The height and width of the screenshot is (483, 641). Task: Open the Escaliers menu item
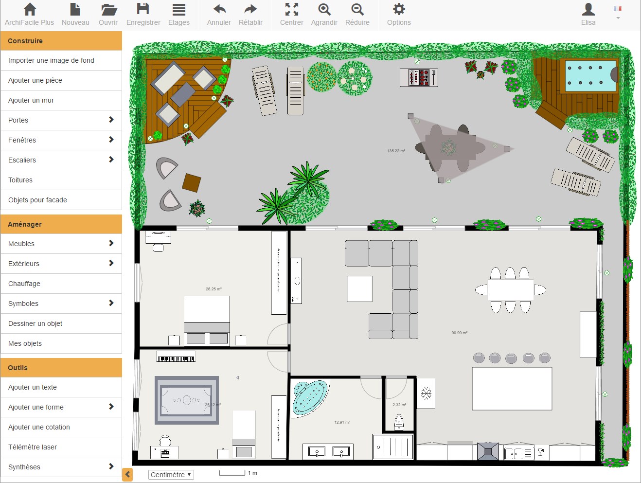pyautogui.click(x=61, y=160)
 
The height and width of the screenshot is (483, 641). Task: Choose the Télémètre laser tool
pyautogui.click(x=61, y=447)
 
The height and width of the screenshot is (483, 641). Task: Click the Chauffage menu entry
pyautogui.click(x=61, y=284)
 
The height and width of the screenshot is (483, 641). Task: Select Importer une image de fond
pyautogui.click(x=61, y=60)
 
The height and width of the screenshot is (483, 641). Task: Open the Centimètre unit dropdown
pyautogui.click(x=171, y=475)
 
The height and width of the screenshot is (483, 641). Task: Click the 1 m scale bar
pyautogui.click(x=232, y=473)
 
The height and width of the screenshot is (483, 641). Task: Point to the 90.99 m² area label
pyautogui.click(x=459, y=333)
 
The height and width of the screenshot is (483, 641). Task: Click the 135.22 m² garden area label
pyautogui.click(x=396, y=151)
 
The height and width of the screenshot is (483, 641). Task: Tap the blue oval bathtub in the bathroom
pyautogui.click(x=309, y=397)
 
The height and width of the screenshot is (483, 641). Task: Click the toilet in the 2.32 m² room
pyautogui.click(x=399, y=422)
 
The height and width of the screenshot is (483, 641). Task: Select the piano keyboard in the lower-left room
pyautogui.click(x=176, y=358)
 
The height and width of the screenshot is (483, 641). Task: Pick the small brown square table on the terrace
pyautogui.click(x=191, y=183)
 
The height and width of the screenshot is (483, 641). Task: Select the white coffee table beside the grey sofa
pyautogui.click(x=359, y=289)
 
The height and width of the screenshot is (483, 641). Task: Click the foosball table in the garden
pyautogui.click(x=419, y=77)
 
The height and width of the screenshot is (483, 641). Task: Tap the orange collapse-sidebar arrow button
pyautogui.click(x=127, y=474)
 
